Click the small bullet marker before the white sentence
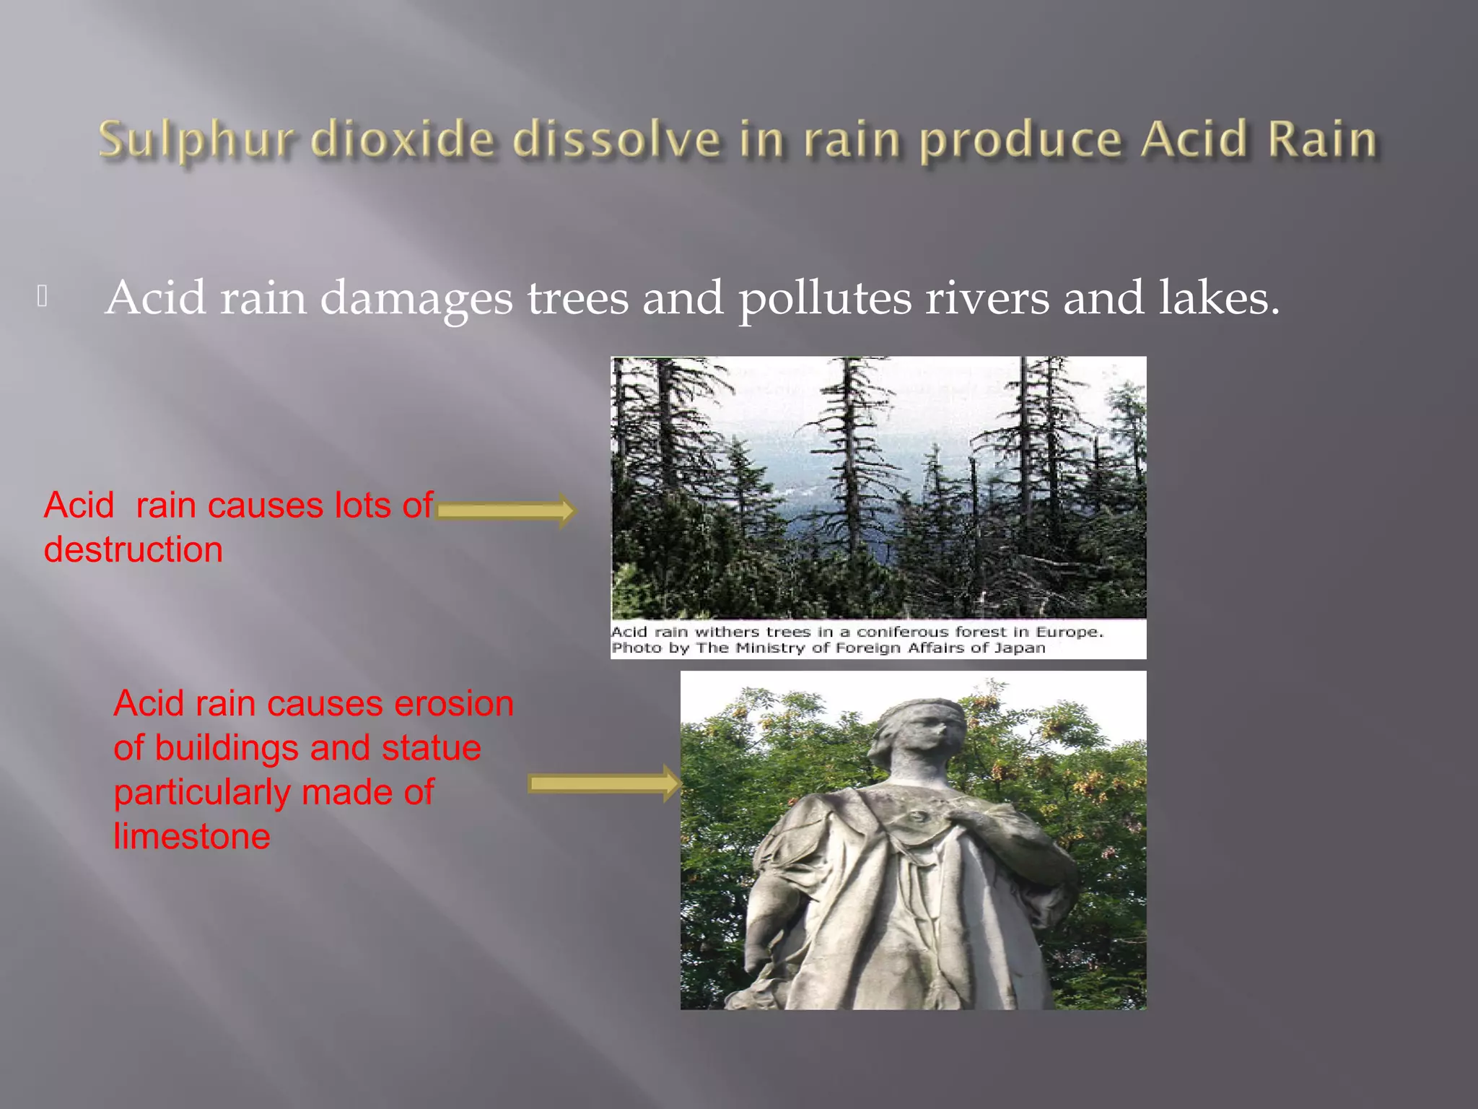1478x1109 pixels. point(43,296)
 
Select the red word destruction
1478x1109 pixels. point(133,550)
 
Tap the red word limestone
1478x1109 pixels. point(192,837)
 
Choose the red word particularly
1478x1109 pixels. point(201,793)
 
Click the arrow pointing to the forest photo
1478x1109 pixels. point(505,511)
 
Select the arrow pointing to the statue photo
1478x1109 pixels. point(603,784)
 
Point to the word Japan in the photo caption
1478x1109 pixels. point(1020,648)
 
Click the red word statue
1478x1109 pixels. point(431,748)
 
